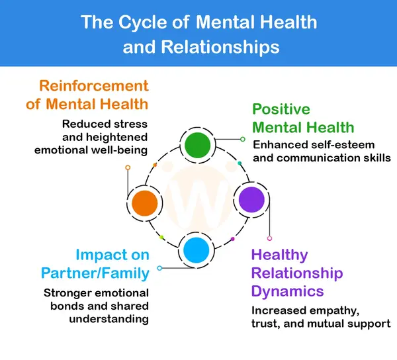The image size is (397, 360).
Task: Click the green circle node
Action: [197, 146]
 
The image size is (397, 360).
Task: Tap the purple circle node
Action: [251, 199]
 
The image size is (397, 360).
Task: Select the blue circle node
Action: [197, 251]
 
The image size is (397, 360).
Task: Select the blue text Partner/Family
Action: [95, 273]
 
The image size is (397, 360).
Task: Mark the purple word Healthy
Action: [279, 255]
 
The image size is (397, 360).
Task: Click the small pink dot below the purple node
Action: [269, 238]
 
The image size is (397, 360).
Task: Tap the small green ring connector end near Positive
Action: [243, 139]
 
